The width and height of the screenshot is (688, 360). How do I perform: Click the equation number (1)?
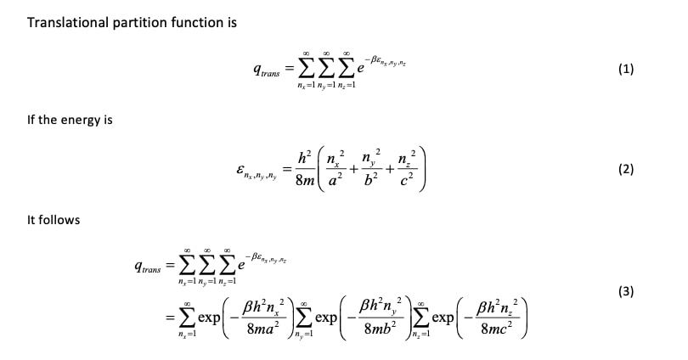pyautogui.click(x=626, y=70)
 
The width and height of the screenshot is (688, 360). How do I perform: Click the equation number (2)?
pyautogui.click(x=626, y=169)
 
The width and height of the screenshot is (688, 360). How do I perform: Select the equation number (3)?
pyautogui.click(x=626, y=292)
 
